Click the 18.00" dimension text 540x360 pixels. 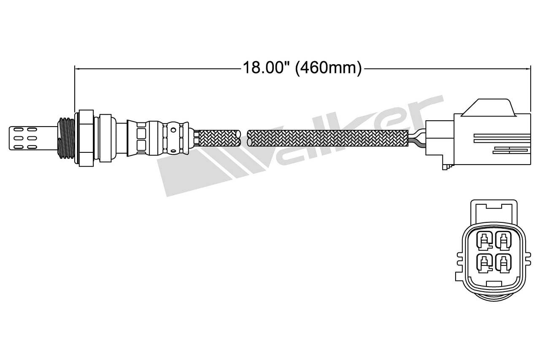coord(266,68)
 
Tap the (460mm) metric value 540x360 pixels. coord(328,68)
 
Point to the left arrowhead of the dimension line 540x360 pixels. coord(77,68)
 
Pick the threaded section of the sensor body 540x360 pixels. coord(66,137)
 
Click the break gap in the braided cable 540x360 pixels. coord(244,138)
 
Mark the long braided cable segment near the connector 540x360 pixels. coord(329,138)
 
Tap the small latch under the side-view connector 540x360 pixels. coord(446,167)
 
